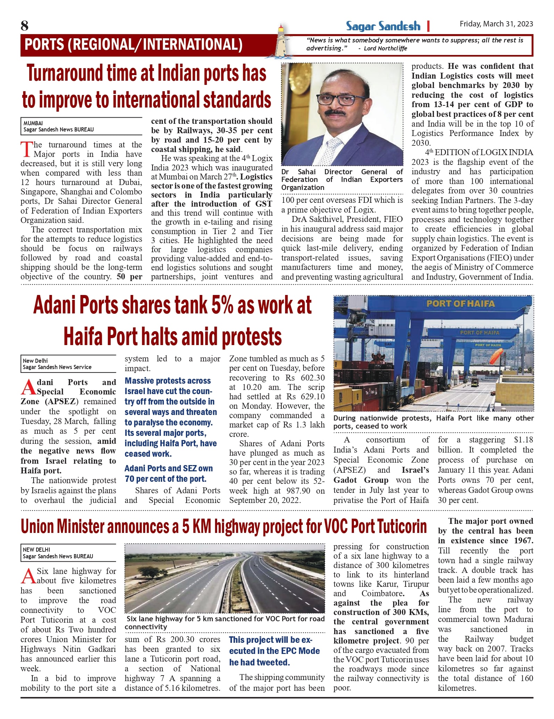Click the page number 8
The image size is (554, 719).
click(25, 26)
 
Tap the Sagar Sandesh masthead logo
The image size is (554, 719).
click(383, 26)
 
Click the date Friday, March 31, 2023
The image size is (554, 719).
click(496, 24)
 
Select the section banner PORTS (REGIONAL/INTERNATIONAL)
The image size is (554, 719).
click(134, 45)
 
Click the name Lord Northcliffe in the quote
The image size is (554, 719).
click(385, 48)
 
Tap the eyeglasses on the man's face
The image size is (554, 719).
click(336, 99)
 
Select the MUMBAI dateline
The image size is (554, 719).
click(33, 123)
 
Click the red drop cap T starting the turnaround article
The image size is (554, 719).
click(26, 149)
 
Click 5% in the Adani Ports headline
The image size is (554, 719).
click(222, 305)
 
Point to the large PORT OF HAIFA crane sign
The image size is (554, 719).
click(460, 304)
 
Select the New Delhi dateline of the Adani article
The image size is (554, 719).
click(35, 361)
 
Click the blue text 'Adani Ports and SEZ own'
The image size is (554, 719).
click(168, 468)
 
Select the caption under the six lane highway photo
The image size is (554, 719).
click(225, 622)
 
